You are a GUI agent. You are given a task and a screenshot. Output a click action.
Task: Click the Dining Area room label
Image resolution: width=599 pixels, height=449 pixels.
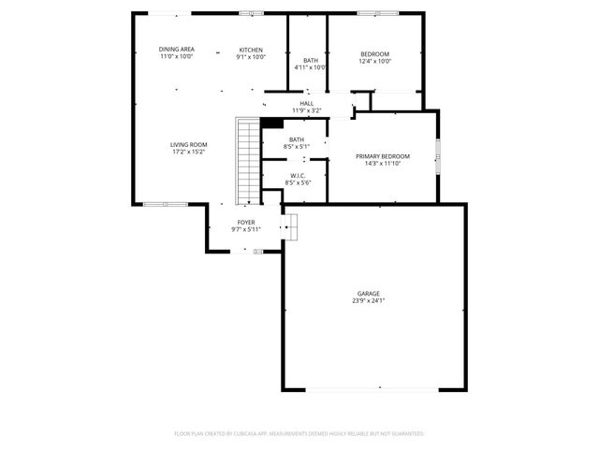pyautogui.click(x=176, y=50)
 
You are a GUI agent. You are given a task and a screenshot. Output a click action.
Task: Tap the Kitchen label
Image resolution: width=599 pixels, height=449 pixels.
pyautogui.click(x=250, y=50)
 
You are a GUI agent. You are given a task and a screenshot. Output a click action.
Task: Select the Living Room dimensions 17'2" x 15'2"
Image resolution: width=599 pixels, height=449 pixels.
pyautogui.click(x=188, y=152)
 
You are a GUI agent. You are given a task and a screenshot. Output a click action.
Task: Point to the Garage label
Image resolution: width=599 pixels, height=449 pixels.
pyautogui.click(x=367, y=294)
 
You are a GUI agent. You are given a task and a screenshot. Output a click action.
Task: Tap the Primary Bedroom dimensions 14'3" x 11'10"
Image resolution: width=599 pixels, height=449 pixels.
pyautogui.click(x=383, y=164)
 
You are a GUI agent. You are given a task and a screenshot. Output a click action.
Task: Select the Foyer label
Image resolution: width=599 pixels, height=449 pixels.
pyautogui.click(x=246, y=222)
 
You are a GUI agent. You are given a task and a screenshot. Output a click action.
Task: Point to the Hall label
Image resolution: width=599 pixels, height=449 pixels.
pyautogui.click(x=307, y=103)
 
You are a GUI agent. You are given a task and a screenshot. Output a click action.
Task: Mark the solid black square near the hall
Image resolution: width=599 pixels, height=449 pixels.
pyautogui.click(x=272, y=123)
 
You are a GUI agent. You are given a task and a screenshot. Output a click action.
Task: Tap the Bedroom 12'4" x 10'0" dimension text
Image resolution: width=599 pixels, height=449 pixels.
pyautogui.click(x=375, y=62)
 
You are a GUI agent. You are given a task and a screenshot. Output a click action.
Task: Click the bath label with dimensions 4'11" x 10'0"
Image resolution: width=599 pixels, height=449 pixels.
pyautogui.click(x=309, y=61)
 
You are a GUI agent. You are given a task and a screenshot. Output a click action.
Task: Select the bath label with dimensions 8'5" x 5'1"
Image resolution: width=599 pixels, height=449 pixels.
pyautogui.click(x=296, y=139)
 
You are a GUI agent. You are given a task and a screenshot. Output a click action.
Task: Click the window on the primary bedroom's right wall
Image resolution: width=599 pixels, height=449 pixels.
pyautogui.click(x=438, y=155)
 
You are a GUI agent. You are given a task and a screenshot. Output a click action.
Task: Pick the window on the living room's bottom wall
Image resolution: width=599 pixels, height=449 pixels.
pyautogui.click(x=167, y=203)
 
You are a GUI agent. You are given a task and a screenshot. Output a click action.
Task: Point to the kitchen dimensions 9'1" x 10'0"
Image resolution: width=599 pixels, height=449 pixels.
pyautogui.click(x=250, y=57)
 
